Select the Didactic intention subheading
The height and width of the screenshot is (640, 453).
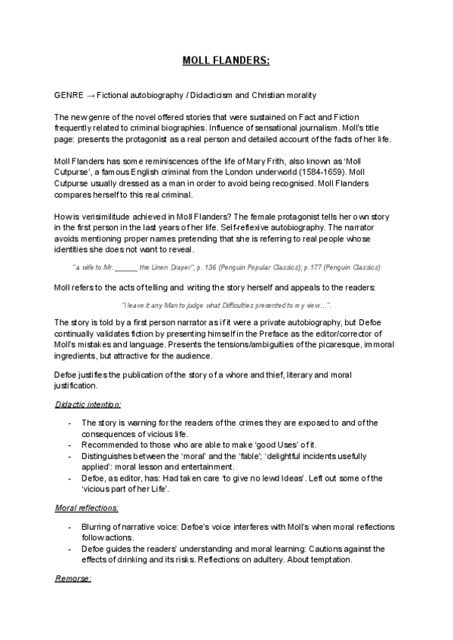tap(88, 405)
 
